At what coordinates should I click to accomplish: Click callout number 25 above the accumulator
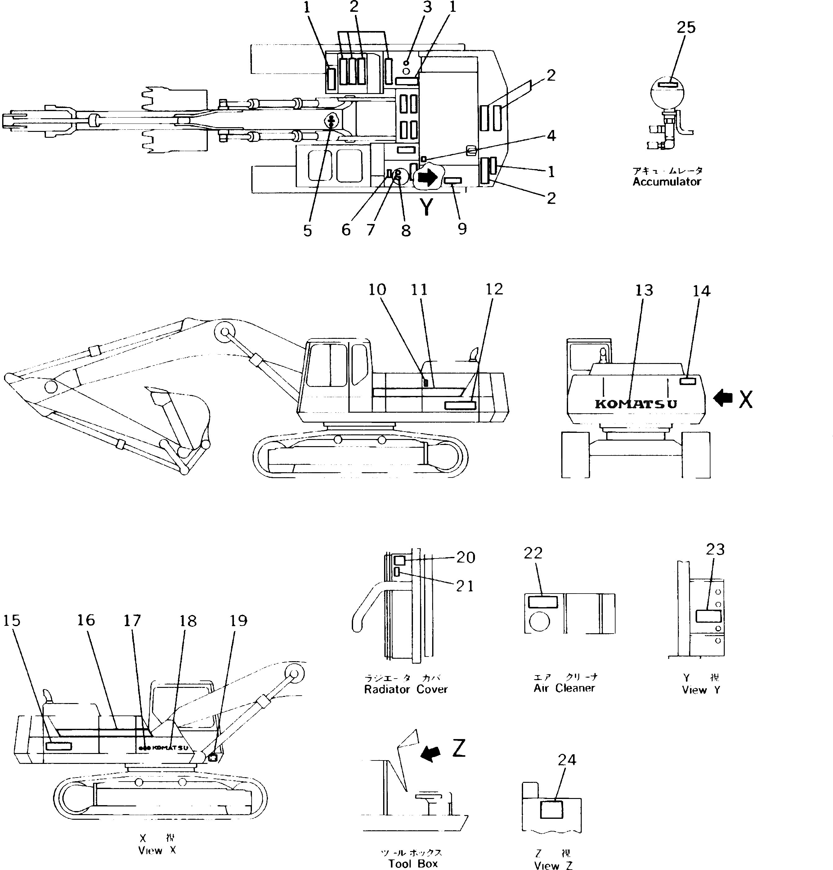point(686,28)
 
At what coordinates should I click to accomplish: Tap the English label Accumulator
point(667,182)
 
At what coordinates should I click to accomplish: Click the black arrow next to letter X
point(723,398)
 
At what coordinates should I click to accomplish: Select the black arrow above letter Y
point(427,178)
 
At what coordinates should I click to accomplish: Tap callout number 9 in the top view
point(462,229)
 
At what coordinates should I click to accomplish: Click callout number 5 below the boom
point(307,230)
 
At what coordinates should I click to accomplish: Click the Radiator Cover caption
point(405,689)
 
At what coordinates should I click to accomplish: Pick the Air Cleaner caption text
point(564,688)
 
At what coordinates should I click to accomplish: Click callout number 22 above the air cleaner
point(533,553)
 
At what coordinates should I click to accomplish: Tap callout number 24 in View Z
point(567,760)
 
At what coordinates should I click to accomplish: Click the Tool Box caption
point(413,863)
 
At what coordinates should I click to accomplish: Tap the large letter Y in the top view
point(426,207)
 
